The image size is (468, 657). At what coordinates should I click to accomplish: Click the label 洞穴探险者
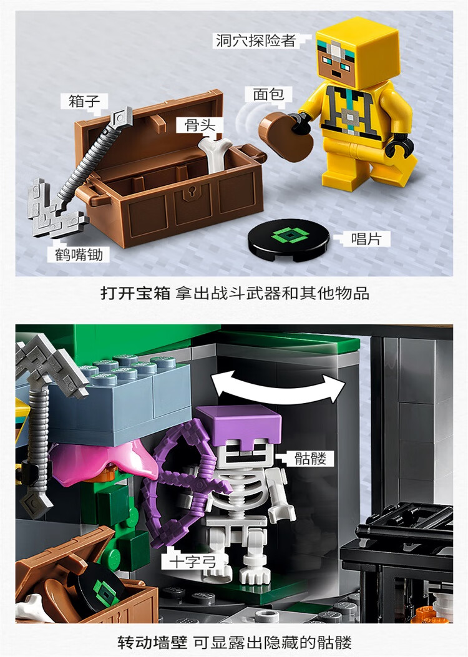(x=256, y=41)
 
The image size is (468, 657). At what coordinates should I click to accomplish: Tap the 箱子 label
(x=84, y=102)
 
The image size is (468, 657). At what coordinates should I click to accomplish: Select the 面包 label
(x=268, y=94)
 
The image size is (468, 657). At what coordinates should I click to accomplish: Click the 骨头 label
(x=200, y=125)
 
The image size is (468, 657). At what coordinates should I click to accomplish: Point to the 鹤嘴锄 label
(x=79, y=255)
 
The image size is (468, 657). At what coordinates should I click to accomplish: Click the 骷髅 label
(x=310, y=458)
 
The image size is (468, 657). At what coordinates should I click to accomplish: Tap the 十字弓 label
(x=191, y=561)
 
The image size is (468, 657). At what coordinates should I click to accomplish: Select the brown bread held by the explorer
(x=286, y=136)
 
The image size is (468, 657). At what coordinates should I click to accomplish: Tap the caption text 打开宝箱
(x=135, y=293)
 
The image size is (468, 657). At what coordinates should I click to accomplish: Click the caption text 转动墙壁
(x=152, y=641)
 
